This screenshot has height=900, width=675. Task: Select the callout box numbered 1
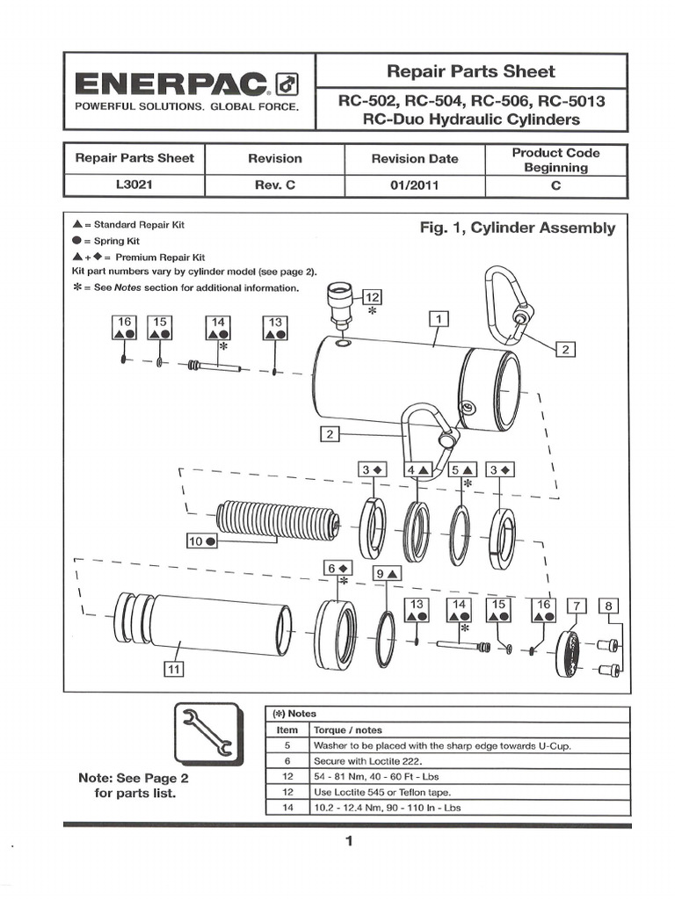pyautogui.click(x=439, y=319)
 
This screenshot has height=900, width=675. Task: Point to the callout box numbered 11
pyautogui.click(x=173, y=670)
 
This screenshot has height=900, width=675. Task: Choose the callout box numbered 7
pyautogui.click(x=577, y=606)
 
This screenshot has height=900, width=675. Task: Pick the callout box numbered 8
pyautogui.click(x=608, y=606)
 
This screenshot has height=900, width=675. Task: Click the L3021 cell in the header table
pyautogui.click(x=134, y=186)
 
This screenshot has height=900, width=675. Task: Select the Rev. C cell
pyautogui.click(x=274, y=186)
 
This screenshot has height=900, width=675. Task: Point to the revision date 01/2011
pyautogui.click(x=415, y=186)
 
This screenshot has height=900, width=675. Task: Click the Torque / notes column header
pyautogui.click(x=349, y=729)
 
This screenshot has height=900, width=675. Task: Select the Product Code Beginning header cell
pyautogui.click(x=555, y=159)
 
